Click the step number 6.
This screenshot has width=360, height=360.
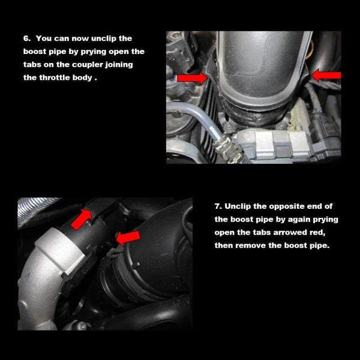(26, 38)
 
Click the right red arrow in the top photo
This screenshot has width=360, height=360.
(326, 75)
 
